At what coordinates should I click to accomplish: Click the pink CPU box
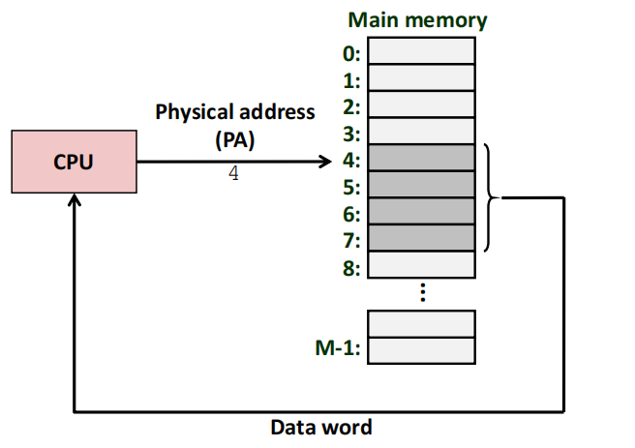coord(74,162)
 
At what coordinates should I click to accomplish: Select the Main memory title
coord(418,19)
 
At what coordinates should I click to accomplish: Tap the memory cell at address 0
coord(422,49)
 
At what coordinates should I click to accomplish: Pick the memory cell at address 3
coord(422,130)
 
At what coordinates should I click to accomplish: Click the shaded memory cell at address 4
coord(422,157)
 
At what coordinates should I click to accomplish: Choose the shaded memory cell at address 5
coord(422,184)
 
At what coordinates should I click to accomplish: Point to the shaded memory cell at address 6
coord(422,211)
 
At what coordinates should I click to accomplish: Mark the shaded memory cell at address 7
coord(422,238)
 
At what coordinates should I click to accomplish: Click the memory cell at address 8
coord(422,264)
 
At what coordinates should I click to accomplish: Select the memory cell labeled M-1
coord(422,349)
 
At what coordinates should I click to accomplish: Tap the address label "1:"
coord(350,80)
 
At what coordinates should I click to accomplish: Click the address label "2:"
coord(350,106)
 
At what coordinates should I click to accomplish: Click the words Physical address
coord(235,111)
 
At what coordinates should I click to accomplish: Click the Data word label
coord(320,427)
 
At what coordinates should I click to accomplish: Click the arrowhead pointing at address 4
coord(324,161)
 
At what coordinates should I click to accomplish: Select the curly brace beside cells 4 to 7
coord(491,197)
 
